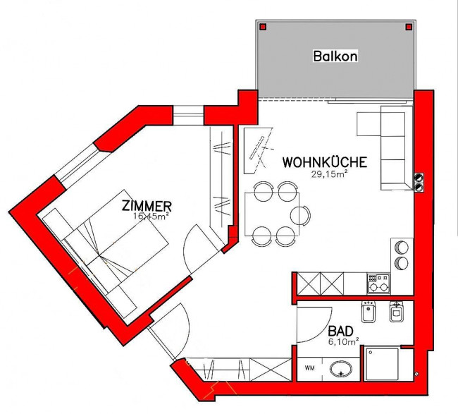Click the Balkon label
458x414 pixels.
point(335,56)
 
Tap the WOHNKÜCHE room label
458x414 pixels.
point(325,162)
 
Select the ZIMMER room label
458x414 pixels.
point(147,206)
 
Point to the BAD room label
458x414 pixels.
point(340,331)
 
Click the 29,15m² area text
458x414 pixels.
point(328,174)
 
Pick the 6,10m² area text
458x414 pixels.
point(344,342)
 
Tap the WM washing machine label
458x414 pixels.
point(309,368)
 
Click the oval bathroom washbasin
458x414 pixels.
point(341,369)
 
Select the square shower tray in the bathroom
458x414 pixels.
point(381,365)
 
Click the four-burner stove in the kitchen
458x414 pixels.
point(378,284)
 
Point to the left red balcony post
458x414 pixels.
point(264,28)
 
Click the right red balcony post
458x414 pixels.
point(409,28)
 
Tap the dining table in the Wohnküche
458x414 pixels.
point(272,214)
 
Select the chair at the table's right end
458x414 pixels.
point(300,216)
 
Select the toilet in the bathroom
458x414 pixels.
point(397,312)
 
